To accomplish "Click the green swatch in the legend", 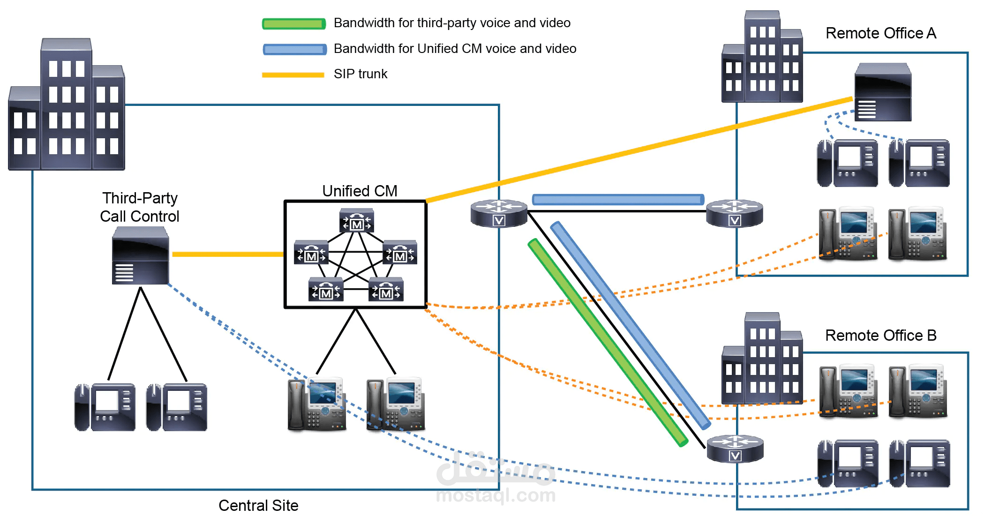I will pos(294,23).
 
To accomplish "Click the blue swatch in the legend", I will pos(294,49).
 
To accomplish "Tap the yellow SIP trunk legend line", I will pos(293,75).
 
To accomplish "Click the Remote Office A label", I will pos(880,33).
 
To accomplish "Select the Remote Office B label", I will pos(880,336).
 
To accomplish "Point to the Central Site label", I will pos(258,505).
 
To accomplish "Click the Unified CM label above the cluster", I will pos(360,191).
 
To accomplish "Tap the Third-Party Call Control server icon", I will pos(140,256).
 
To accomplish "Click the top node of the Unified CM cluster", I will pos(357,221).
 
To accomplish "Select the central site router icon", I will pos(499,213).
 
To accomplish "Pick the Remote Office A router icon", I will pos(735,213).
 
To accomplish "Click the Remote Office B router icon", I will pos(735,449).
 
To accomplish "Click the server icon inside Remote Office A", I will pos(883,92).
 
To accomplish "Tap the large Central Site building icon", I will pos(67,105).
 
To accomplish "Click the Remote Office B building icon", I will pos(762,359).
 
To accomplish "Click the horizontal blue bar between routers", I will pos(618,200).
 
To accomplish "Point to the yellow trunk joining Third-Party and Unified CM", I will pos(228,254).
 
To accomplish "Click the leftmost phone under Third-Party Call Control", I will pos(105,407).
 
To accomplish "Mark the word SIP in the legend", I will pos(343,74).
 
